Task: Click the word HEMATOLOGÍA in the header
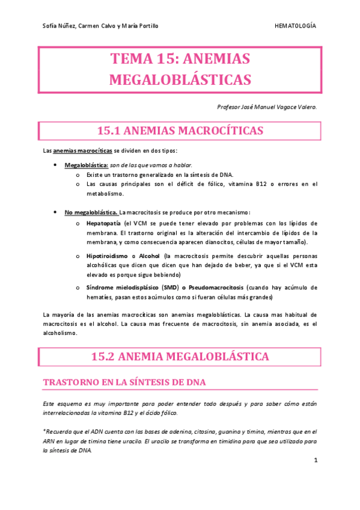pyautogui.click(x=294, y=26)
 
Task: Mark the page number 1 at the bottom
pyautogui.click(x=316, y=461)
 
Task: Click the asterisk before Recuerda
pyautogui.click(x=44, y=431)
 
